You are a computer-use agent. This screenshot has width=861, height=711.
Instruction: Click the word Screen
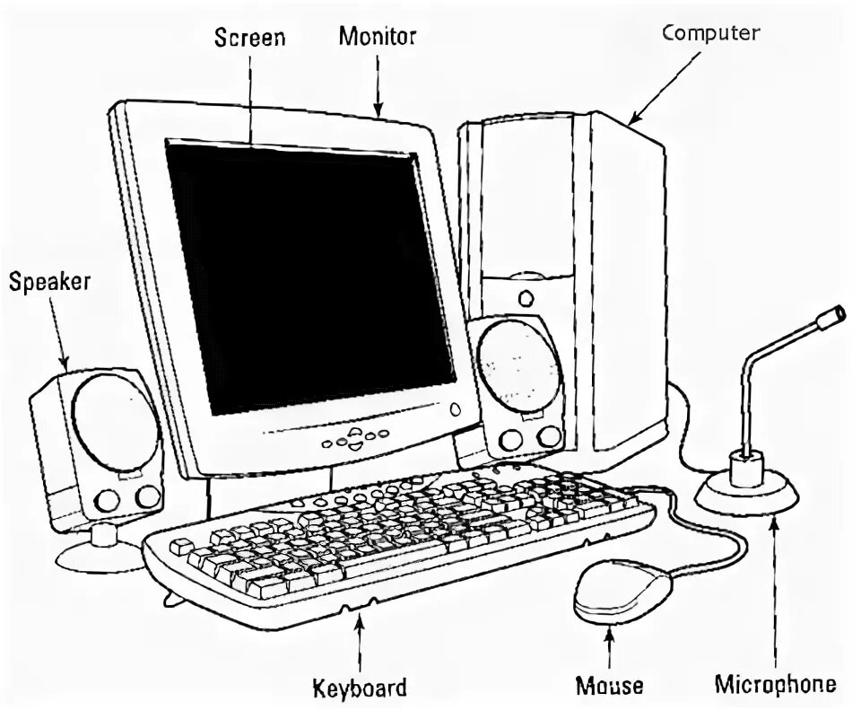[249, 38]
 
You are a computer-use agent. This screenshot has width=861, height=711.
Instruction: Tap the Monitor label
[377, 37]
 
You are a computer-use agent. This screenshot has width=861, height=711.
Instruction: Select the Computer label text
[710, 33]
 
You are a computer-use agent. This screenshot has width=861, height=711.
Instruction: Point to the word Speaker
[49, 282]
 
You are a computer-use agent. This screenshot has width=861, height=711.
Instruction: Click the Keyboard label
[359, 688]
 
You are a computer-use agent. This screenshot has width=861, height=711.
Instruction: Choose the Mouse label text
[609, 686]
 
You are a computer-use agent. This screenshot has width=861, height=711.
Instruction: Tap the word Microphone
[775, 685]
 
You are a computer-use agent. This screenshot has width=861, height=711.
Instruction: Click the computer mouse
[622, 590]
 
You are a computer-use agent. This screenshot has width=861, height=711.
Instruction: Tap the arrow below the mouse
[610, 650]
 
